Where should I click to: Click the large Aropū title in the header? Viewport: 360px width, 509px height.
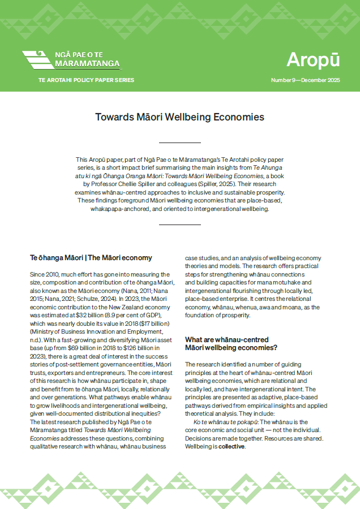313,59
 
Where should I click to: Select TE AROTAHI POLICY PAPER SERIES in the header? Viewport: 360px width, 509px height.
83,80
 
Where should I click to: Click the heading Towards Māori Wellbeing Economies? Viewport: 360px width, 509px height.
179,117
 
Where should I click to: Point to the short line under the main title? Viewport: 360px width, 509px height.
179,143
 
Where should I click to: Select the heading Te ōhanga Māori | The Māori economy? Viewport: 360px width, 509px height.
91,257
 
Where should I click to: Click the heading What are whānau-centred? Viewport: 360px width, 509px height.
226,339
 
